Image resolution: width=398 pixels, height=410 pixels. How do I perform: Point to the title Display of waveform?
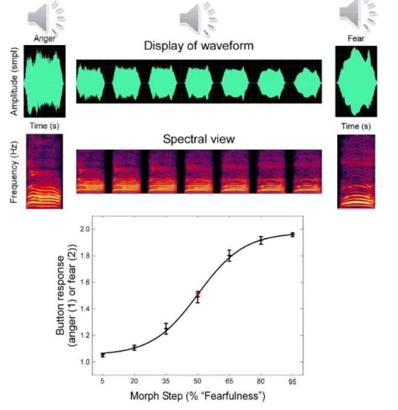(198, 46)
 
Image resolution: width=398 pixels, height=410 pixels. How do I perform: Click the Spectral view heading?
(198, 139)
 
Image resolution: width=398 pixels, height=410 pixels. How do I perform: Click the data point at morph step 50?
(198, 296)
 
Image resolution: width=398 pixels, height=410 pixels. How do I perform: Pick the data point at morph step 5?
(103, 355)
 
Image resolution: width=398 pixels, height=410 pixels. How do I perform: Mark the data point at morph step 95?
(292, 234)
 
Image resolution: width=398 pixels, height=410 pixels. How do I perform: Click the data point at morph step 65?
(229, 256)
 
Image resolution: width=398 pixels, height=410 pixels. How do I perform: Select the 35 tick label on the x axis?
(166, 381)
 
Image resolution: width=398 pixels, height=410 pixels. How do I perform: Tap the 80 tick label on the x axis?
(261, 381)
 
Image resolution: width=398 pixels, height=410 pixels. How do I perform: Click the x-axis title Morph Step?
(197, 396)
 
